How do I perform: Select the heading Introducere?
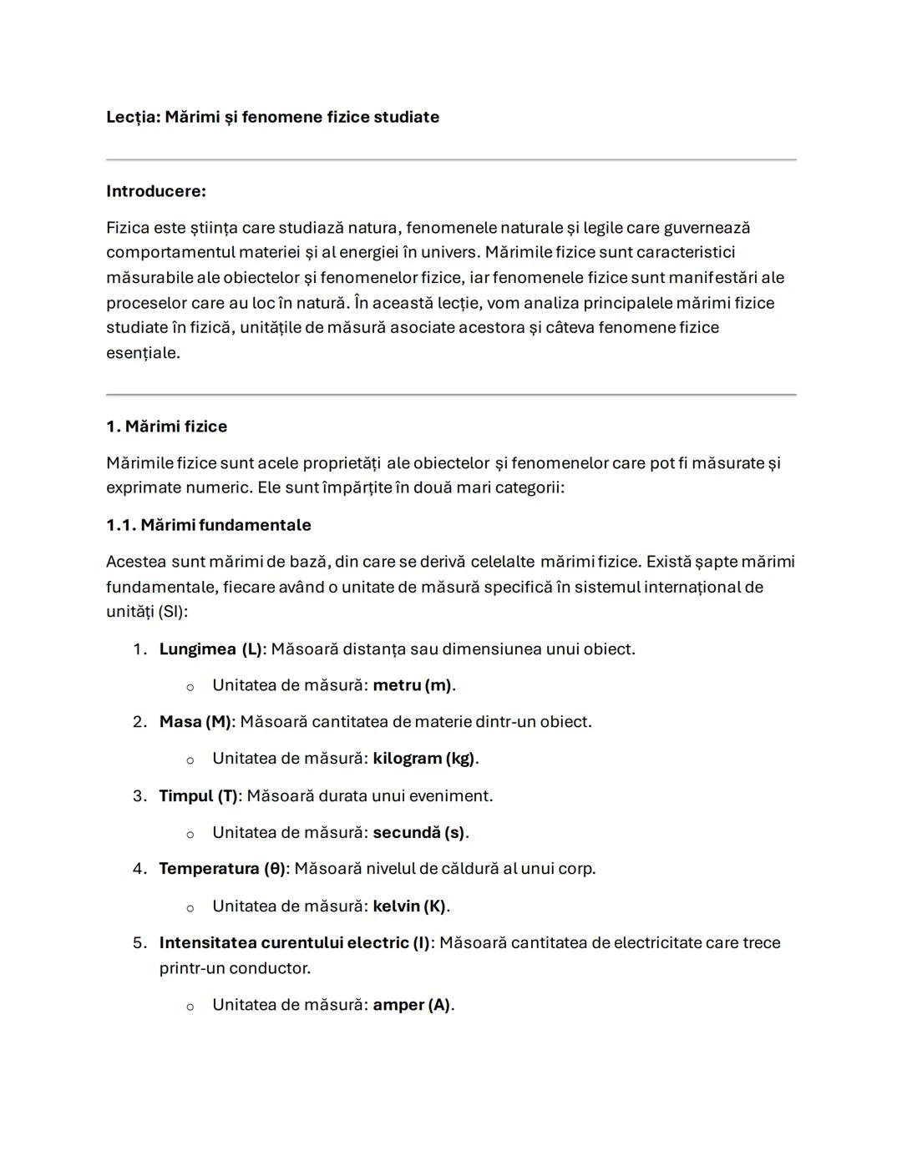[155, 191]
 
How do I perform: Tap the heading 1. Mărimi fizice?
[166, 427]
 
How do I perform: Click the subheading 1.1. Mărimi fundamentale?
[208, 525]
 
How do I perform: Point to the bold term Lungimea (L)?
[210, 649]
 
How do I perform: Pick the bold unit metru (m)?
[413, 685]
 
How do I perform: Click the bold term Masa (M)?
[195, 721]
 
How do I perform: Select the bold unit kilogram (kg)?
[423, 759]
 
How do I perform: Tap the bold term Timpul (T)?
[198, 795]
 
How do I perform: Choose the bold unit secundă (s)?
[418, 832]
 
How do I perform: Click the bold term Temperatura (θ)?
[222, 868]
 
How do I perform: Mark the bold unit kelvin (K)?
[409, 906]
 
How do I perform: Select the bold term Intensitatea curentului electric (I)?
[294, 942]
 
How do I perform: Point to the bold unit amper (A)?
[411, 1005]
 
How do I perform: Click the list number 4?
[139, 868]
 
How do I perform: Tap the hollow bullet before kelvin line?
[190, 907]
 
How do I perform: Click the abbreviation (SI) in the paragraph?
[171, 611]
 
